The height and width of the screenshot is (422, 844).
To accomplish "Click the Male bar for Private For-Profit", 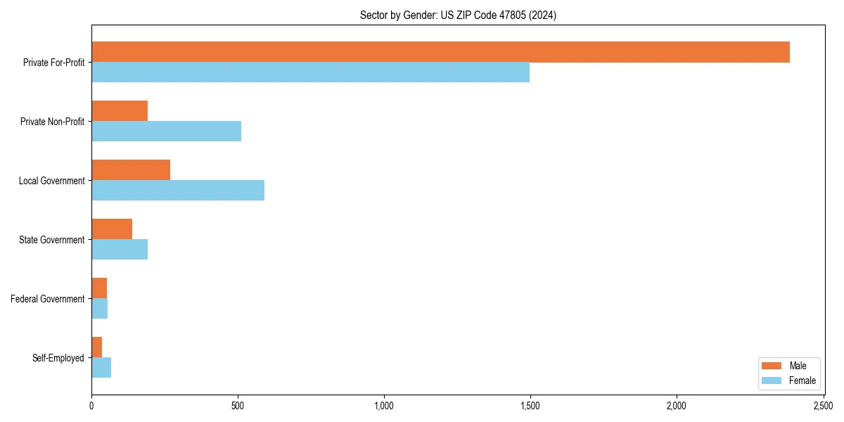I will tap(440, 52).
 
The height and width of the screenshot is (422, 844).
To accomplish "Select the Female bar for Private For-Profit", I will tap(310, 72).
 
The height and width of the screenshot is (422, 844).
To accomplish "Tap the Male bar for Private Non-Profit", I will tap(120, 111).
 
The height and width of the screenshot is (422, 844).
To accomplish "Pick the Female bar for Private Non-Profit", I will tap(166, 132).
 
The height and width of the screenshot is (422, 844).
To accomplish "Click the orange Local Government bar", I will tap(131, 170).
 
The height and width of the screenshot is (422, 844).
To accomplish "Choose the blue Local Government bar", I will tap(178, 191).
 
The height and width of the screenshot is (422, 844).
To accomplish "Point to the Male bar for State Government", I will tap(112, 229).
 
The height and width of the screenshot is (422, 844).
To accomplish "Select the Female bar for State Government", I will tap(120, 250).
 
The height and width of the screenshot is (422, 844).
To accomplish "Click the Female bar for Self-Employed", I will tap(101, 368).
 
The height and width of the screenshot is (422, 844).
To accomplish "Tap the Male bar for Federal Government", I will tap(99, 288).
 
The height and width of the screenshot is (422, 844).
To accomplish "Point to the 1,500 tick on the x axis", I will tap(530, 407).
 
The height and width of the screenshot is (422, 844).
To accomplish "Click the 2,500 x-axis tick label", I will tap(823, 407).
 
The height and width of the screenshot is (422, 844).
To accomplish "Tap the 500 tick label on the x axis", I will tap(238, 407).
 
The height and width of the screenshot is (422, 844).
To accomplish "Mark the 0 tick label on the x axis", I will tap(91, 407).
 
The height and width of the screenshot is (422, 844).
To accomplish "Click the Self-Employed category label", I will tap(58, 358).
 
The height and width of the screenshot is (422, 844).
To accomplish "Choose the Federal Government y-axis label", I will tap(48, 299).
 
